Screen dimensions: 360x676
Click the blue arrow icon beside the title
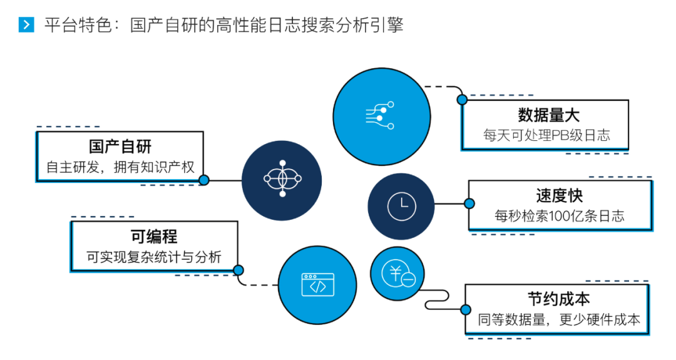click(26, 25)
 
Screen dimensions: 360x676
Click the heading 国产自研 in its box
click(120, 147)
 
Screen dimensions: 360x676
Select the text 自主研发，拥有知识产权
click(121, 167)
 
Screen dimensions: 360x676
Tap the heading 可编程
click(154, 237)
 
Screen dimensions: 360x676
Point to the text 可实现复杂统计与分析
click(154, 257)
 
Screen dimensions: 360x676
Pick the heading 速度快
click(559, 196)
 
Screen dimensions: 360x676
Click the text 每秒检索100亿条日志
click(560, 217)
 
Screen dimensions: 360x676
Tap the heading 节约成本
click(558, 299)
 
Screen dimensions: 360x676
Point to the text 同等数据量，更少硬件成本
click(559, 319)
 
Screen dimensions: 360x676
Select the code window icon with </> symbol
click(317, 285)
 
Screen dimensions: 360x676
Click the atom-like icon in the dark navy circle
click(282, 180)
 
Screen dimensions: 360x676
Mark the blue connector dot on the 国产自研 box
click(203, 180)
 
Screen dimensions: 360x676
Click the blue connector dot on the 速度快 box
click(469, 203)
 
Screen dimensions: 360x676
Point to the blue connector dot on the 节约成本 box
click(466, 309)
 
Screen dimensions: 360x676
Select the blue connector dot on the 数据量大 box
click(463, 100)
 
